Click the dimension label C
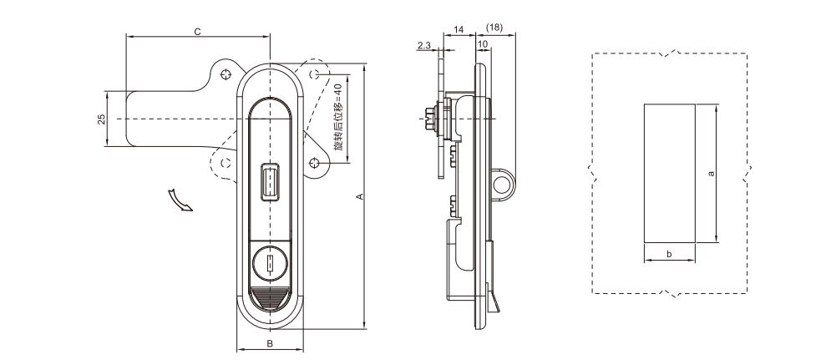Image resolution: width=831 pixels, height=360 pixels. click(197, 31)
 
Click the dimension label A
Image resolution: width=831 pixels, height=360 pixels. click(359, 196)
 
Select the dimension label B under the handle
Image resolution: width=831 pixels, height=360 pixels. click(270, 343)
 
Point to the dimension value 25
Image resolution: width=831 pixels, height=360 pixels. click(101, 119)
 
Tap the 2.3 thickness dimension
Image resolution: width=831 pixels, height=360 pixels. click(423, 46)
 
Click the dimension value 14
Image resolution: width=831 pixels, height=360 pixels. click(458, 29)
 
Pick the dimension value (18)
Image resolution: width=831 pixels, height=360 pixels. click(494, 29)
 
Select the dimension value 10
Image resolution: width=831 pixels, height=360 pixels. click(483, 43)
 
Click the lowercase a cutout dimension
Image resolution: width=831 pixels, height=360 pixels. click(711, 174)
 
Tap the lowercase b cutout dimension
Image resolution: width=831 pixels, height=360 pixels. click(668, 253)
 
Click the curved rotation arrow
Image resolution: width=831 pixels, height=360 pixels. click(179, 200)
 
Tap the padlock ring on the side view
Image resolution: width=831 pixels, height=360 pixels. click(504, 185)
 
